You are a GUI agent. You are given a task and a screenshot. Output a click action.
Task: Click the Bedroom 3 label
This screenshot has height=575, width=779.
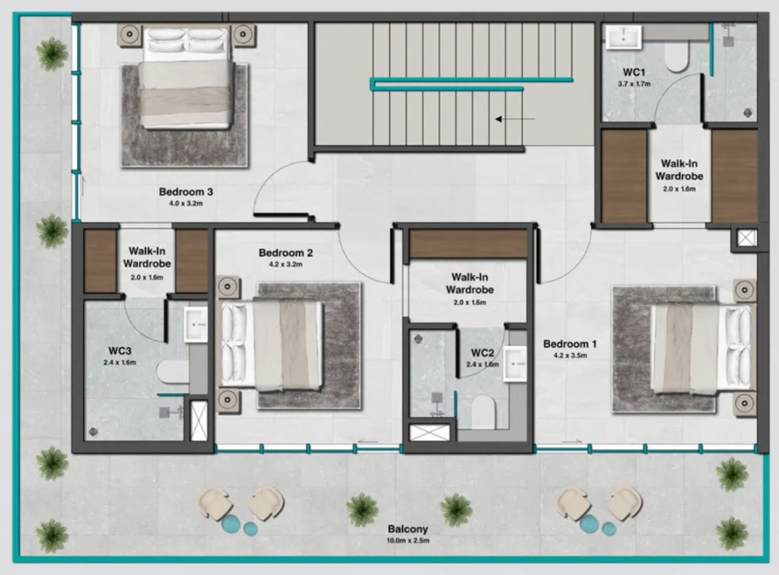[186, 192]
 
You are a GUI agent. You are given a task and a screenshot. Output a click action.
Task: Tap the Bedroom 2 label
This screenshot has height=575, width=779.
[285, 253]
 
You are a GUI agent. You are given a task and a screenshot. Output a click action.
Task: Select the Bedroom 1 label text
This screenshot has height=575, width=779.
[570, 344]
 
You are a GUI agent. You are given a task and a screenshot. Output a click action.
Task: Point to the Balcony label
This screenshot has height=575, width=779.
[408, 529]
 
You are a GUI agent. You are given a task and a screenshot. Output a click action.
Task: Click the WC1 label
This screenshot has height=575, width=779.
[634, 72]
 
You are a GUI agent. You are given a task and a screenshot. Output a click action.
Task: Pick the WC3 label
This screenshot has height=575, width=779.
[120, 351]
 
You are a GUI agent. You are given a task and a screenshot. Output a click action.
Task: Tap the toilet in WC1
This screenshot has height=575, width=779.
[676, 56]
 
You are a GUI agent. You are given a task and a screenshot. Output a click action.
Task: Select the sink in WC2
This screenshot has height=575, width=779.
[515, 363]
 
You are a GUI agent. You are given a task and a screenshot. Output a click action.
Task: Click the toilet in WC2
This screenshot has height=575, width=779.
[484, 413]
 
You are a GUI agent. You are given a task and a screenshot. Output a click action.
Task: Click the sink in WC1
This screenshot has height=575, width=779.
[625, 37]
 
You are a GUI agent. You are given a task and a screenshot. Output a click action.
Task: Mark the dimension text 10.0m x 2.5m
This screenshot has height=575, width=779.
[408, 541]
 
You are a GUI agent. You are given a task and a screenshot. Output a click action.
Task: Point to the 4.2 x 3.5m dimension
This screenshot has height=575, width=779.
[570, 355]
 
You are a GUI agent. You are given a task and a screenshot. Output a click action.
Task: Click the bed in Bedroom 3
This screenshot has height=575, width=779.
[186, 78]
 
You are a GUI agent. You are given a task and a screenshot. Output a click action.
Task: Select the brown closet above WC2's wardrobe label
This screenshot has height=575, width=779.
[469, 244]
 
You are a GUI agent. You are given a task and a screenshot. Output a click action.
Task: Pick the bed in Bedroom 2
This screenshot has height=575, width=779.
[272, 345]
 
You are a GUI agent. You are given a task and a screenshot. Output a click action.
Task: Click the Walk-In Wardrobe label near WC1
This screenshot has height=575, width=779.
[679, 170]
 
